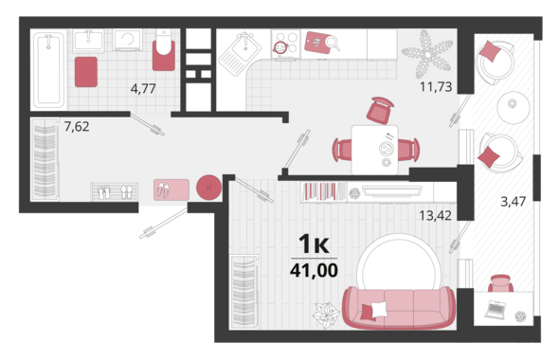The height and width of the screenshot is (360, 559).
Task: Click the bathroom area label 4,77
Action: coord(143,88)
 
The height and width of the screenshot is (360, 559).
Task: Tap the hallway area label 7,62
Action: coord(77,126)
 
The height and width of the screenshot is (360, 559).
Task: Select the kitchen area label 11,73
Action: coord(436,86)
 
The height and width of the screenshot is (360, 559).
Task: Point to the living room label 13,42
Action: coord(435,215)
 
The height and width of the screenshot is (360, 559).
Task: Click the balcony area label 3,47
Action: coord(513,202)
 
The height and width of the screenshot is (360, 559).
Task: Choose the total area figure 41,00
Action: coord(314,270)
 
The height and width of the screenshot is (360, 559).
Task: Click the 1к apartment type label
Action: coord(314,244)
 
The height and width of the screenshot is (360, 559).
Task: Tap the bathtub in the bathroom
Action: coord(49,69)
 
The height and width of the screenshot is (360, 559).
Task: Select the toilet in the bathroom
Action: coord(164,50)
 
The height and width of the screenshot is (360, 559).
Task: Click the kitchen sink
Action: coord(239,53)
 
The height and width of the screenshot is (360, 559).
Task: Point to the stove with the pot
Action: coord(286,44)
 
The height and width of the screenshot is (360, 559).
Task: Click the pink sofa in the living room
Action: coord(399,307)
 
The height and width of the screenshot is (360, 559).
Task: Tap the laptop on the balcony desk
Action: coord(496,310)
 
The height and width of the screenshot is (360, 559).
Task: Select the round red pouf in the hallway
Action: coord(208,188)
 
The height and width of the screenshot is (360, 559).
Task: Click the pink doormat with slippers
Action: coord(171,189)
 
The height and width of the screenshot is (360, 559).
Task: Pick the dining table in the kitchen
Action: coord(374,150)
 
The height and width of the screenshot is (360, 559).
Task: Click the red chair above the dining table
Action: coord(380,111)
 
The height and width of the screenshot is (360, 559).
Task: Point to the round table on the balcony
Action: coord(514,107)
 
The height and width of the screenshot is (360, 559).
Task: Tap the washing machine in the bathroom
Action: coord(127,40)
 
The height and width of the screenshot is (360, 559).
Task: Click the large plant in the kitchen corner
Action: coord(427,54)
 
